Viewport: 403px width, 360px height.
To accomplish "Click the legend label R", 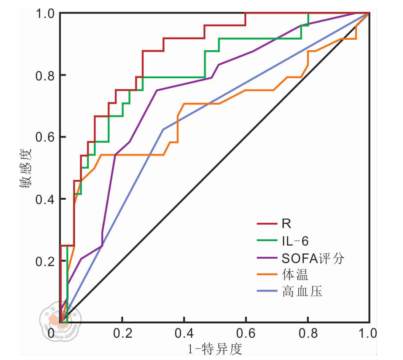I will coord(286,224).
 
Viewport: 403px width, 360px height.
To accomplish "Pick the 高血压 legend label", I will coord(302,291).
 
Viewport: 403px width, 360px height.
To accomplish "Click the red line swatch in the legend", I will coord(266,225).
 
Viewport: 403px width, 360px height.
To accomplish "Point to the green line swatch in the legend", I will coord(266,241).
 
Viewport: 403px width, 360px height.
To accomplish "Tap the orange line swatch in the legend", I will coord(266,275).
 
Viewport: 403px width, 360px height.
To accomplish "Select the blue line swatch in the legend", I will coord(266,291).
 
